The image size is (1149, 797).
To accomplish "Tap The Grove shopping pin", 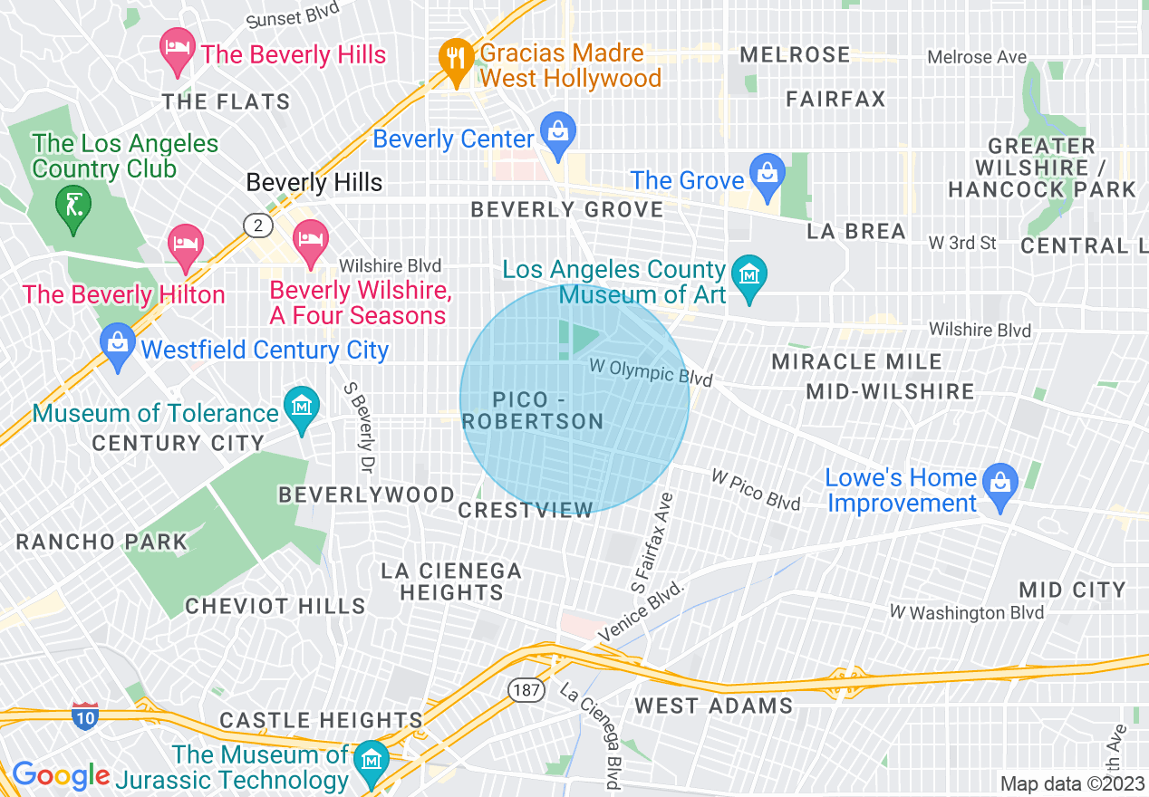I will (x=768, y=172).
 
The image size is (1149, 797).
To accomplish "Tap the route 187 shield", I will (x=526, y=691).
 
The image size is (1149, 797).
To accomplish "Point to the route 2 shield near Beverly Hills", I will (x=257, y=225).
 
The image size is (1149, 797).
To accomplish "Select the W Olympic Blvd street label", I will (x=651, y=370).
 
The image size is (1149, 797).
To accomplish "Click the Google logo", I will (x=62, y=775).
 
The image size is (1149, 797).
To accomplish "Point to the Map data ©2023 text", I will (x=1071, y=783).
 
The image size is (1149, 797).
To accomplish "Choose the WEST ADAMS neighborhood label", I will (x=713, y=706).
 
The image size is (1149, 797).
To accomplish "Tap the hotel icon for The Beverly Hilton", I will (x=186, y=245).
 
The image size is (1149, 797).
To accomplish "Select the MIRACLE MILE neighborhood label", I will (x=856, y=362).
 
